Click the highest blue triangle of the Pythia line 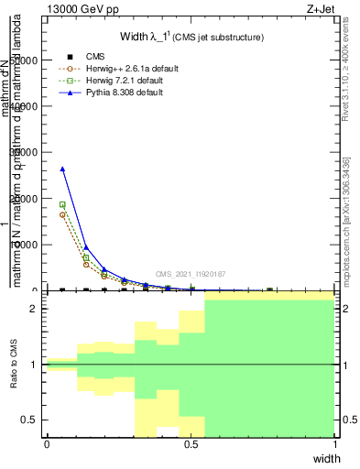pyautogui.click(x=62, y=169)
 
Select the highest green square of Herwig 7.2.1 pyautogui.click(x=62, y=204)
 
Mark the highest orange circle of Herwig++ pyautogui.click(x=62, y=214)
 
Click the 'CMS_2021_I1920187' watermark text pyautogui.click(x=190, y=274)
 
